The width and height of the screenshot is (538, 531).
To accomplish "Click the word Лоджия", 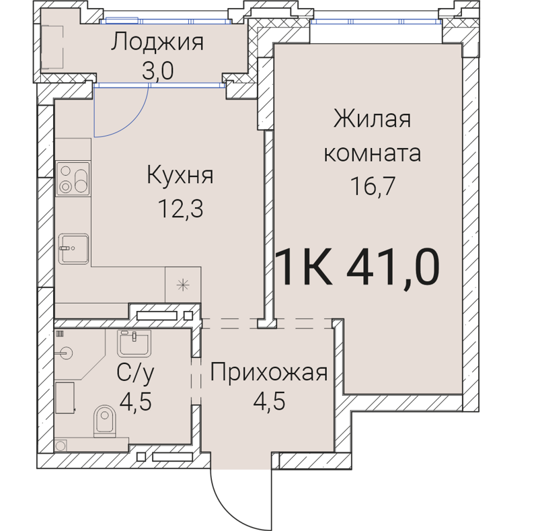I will click(x=157, y=43).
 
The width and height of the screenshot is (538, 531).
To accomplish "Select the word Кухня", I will click(x=180, y=177).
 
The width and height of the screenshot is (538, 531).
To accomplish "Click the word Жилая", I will click(x=371, y=121).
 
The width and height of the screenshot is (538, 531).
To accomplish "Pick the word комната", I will click(x=372, y=153).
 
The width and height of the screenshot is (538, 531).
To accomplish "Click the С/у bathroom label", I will click(x=135, y=374).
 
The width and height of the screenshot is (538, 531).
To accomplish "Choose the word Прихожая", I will click(x=268, y=372).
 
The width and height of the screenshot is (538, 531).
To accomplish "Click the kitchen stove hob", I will click(x=73, y=178).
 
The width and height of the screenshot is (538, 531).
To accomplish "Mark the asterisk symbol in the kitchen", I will click(x=182, y=284).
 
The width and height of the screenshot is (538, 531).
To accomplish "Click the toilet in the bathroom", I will click(x=105, y=421).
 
